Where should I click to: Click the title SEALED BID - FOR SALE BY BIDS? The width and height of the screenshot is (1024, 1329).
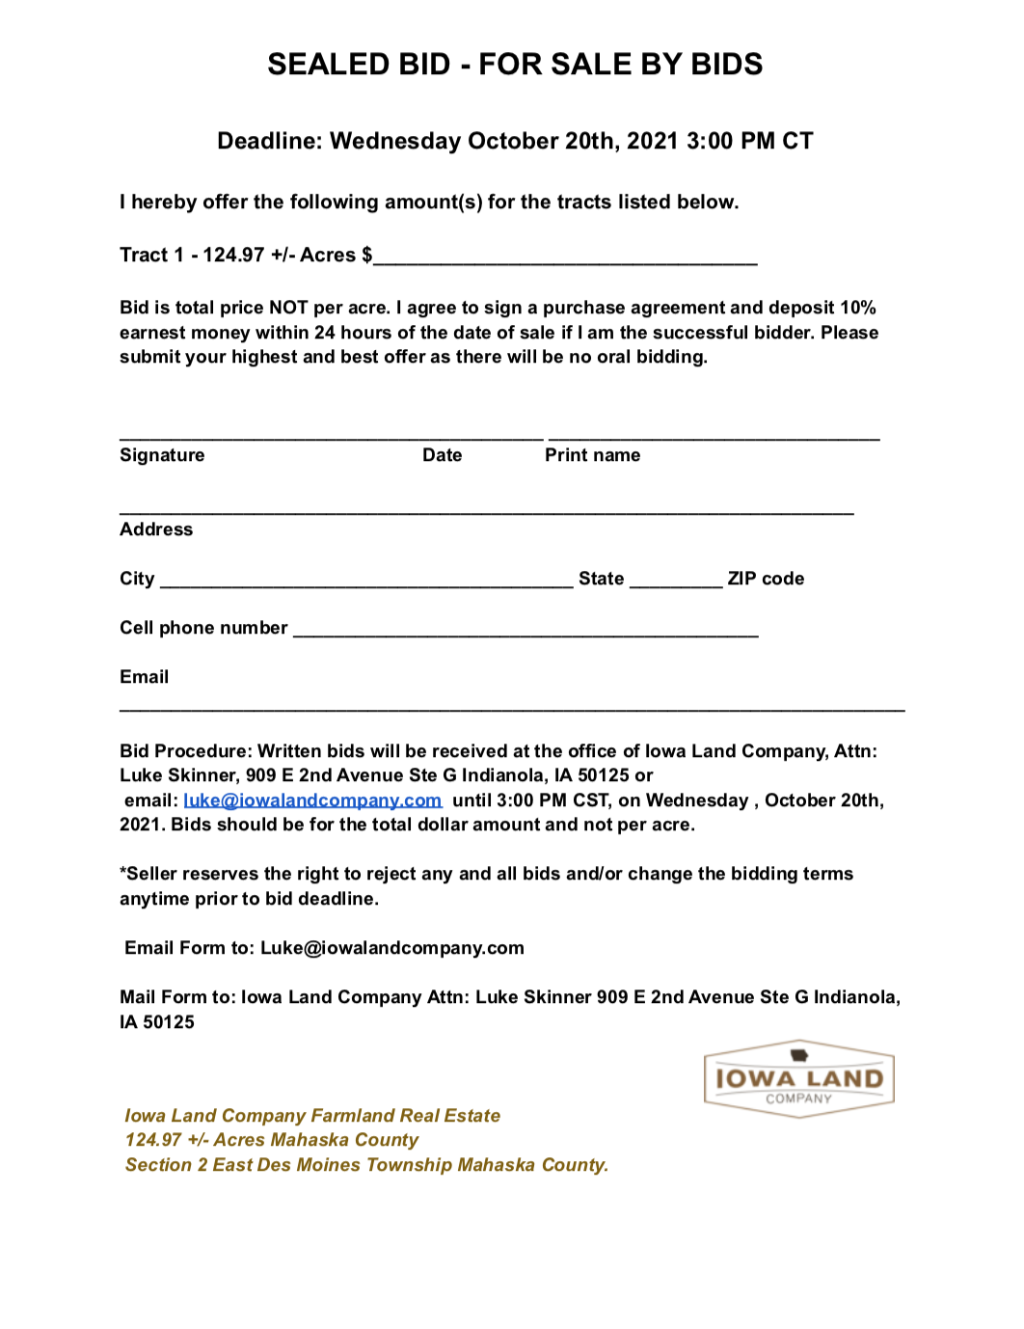(514, 65)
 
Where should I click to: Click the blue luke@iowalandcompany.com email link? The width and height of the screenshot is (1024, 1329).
(312, 800)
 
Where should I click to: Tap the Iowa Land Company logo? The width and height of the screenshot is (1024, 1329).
(798, 1079)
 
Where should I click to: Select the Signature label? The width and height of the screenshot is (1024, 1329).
(162, 455)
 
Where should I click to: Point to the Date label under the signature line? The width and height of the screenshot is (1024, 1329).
(442, 455)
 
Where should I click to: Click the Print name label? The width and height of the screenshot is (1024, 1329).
(592, 455)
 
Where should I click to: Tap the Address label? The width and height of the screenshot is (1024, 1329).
(156, 529)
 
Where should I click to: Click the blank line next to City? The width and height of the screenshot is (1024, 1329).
(366, 582)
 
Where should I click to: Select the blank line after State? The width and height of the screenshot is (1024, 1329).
(675, 582)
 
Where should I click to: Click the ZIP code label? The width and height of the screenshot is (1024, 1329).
(766, 579)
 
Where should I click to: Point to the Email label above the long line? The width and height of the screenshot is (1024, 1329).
(145, 677)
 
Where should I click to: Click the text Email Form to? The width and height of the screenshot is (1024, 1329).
(189, 948)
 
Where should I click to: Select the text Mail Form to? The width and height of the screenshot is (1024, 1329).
(177, 997)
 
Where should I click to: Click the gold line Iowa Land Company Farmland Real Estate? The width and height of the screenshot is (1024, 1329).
(312, 1116)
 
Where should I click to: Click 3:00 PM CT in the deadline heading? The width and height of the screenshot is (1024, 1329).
(749, 142)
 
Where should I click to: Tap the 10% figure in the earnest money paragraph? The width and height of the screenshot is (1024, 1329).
(857, 308)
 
